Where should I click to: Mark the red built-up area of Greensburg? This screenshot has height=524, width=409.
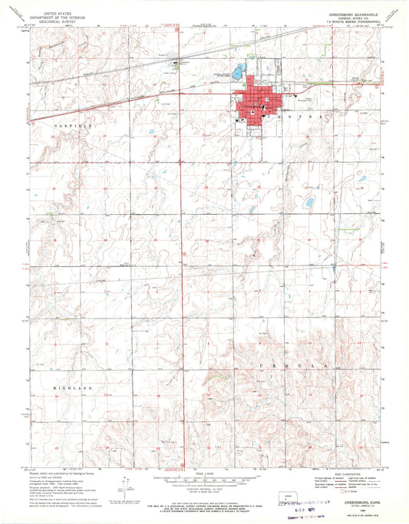coord(259,101)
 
